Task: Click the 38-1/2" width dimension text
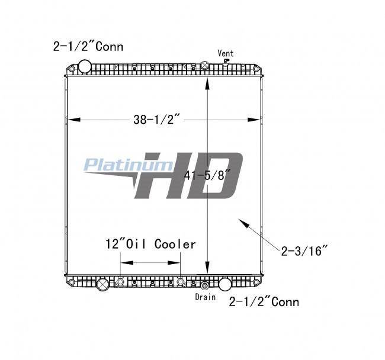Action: (x=157, y=120)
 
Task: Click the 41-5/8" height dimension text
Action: (x=207, y=175)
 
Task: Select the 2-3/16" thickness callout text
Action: (x=304, y=250)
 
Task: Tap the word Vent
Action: (x=226, y=53)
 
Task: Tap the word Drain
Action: (x=206, y=297)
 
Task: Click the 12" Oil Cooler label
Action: (x=150, y=244)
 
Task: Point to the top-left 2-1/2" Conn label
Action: (x=88, y=46)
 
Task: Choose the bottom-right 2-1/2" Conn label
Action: (x=264, y=301)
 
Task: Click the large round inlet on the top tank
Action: (x=85, y=66)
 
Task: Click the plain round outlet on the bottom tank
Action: (x=224, y=284)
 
